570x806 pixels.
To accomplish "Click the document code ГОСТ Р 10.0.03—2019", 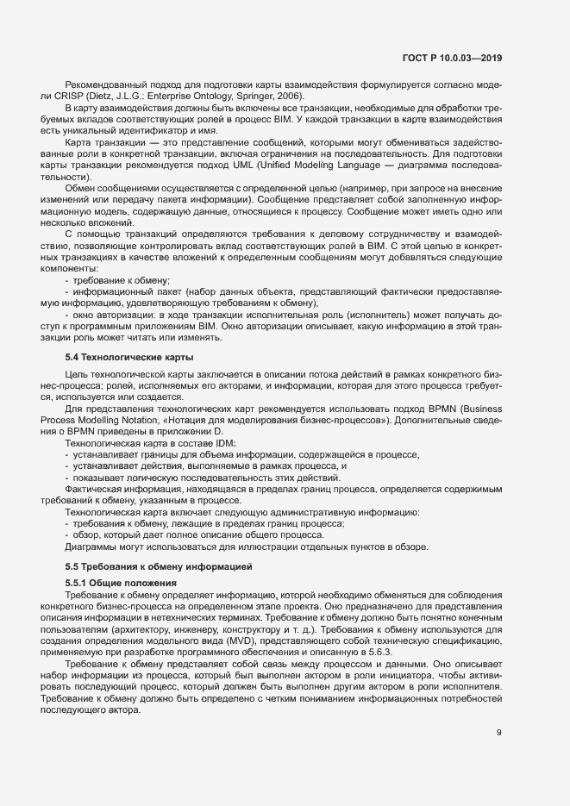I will tap(452, 58).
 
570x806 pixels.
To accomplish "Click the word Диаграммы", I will tap(91, 547).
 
